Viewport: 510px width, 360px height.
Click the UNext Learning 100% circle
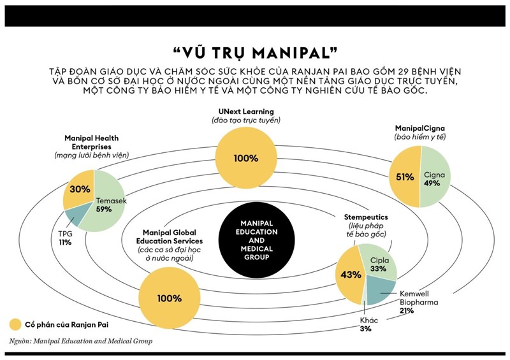(x=245, y=157)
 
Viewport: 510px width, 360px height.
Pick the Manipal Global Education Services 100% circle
(x=169, y=298)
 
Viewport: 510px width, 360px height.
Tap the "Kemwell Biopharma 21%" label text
(x=419, y=302)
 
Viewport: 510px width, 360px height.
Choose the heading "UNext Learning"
(x=245, y=112)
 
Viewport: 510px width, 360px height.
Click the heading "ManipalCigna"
(x=419, y=127)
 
